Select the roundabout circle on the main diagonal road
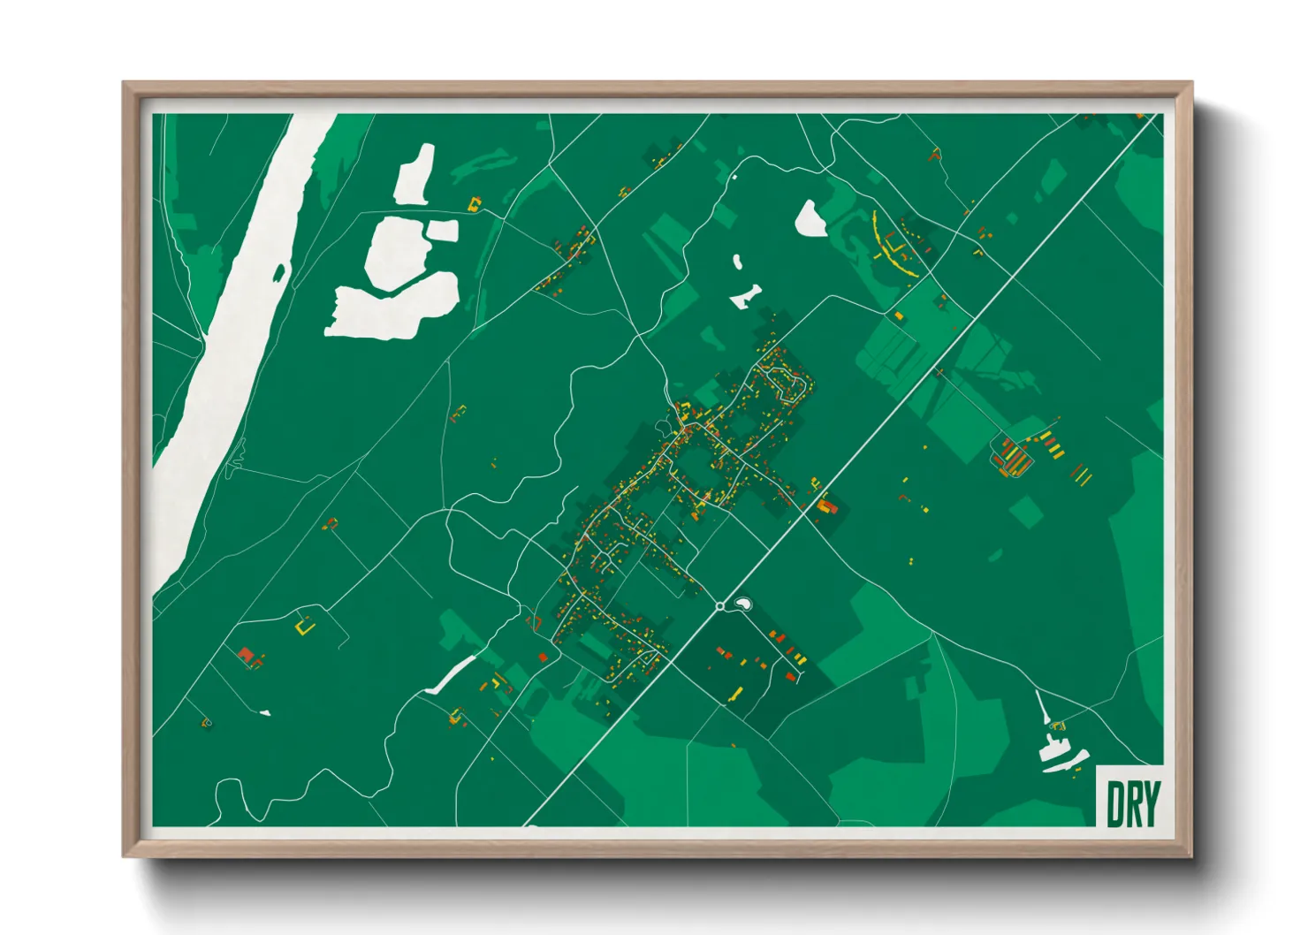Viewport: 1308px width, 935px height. (x=720, y=606)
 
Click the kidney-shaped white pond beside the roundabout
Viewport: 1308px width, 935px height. (x=743, y=604)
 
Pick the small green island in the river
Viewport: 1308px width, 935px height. (x=279, y=273)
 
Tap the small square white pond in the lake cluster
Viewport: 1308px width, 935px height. (x=444, y=231)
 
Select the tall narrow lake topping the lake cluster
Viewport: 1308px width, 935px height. (x=415, y=174)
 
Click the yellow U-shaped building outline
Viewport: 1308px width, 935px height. (x=306, y=627)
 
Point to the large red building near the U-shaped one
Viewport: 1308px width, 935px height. (x=246, y=654)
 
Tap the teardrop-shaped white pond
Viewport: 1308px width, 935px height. (x=810, y=219)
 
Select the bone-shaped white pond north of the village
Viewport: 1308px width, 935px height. (x=746, y=296)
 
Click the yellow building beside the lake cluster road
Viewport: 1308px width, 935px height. (x=475, y=205)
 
